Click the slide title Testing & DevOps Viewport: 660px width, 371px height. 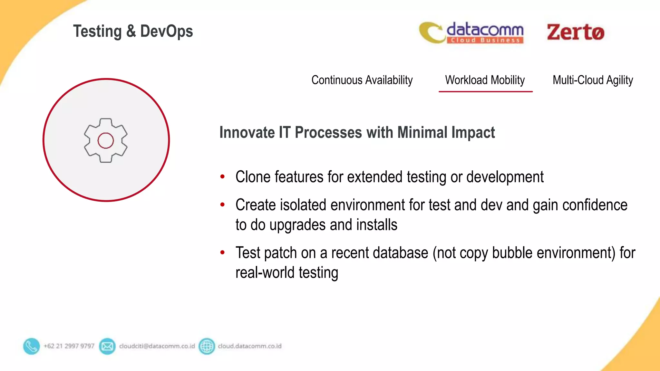click(x=133, y=32)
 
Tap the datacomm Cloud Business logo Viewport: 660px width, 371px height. click(x=471, y=33)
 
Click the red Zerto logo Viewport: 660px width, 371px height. click(x=575, y=32)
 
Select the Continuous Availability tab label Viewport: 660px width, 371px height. click(x=362, y=80)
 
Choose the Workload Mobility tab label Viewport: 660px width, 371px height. click(x=485, y=80)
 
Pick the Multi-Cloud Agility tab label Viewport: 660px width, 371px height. click(x=593, y=80)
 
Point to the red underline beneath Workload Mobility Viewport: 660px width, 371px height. click(x=485, y=92)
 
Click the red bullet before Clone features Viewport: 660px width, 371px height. click(x=222, y=176)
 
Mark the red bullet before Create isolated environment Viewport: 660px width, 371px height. click(x=222, y=205)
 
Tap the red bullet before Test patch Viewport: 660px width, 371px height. click(x=222, y=252)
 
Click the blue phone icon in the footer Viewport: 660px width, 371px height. click(x=31, y=346)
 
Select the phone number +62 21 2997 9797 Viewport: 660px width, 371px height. click(x=69, y=346)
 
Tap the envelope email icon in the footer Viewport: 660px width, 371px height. click(x=107, y=346)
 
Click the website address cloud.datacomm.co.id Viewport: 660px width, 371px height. click(x=249, y=346)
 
